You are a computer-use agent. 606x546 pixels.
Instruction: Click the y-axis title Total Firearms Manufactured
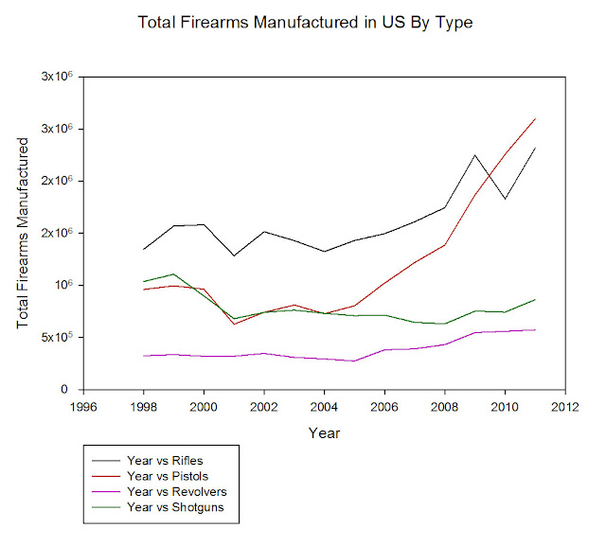click(24, 233)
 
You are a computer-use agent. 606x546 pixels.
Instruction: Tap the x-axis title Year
click(324, 432)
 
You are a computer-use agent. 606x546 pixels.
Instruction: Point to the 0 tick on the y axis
click(68, 390)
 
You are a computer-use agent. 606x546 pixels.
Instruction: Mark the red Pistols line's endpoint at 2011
click(535, 118)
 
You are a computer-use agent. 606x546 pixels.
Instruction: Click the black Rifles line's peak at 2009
click(474, 155)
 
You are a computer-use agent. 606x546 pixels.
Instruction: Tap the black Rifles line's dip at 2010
click(505, 199)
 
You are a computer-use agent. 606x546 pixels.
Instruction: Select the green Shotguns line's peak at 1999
click(173, 273)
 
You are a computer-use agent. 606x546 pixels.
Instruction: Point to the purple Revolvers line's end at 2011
click(535, 329)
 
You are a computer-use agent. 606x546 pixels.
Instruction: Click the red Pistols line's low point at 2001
click(234, 325)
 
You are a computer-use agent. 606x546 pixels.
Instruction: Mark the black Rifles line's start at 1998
click(143, 249)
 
